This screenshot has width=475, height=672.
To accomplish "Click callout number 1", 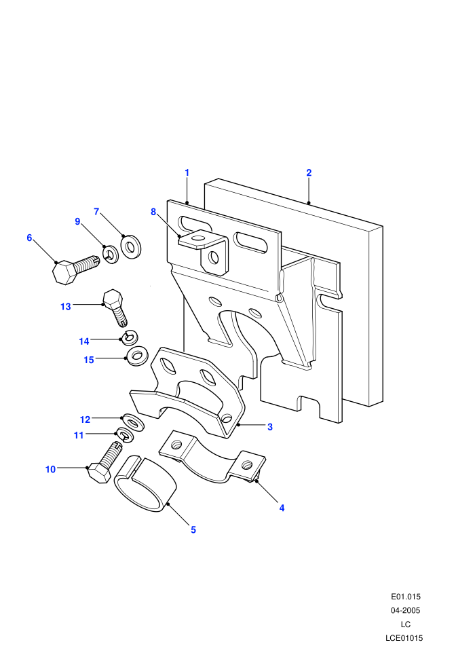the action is [x=187, y=172].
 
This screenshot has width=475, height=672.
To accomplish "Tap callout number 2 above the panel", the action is [x=309, y=172].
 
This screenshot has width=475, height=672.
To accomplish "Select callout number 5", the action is [x=193, y=529].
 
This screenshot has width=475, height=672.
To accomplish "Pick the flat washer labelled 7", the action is [x=131, y=247].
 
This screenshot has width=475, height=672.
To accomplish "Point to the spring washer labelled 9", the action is [x=111, y=255].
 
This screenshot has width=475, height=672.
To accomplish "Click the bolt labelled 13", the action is [x=115, y=308].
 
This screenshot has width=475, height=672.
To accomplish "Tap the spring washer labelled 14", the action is [x=130, y=337].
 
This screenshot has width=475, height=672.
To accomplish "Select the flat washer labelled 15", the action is [x=136, y=355].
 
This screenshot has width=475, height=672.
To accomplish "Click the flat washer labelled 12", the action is [x=134, y=423].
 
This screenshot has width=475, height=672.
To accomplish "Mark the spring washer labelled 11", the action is [x=125, y=436].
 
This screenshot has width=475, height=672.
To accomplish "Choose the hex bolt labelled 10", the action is [x=104, y=463].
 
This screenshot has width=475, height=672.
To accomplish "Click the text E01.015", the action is [x=406, y=597].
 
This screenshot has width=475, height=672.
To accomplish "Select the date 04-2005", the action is [x=406, y=610].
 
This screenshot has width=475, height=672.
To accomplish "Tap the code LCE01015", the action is [x=404, y=637].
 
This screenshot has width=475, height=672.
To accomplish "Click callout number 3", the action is [x=270, y=427].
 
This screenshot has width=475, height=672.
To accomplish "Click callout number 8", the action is [x=153, y=212].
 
